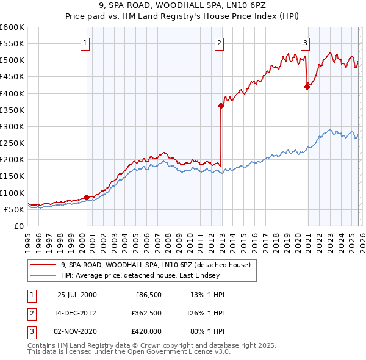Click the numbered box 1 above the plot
(x=85, y=43)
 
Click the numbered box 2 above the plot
(x=219, y=43)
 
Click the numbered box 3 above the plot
(x=304, y=43)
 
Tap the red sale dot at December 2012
(x=221, y=106)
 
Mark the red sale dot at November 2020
(x=307, y=87)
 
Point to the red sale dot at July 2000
(x=87, y=197)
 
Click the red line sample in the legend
(x=43, y=264)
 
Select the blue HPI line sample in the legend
(x=43, y=275)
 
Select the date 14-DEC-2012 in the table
(x=76, y=313)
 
